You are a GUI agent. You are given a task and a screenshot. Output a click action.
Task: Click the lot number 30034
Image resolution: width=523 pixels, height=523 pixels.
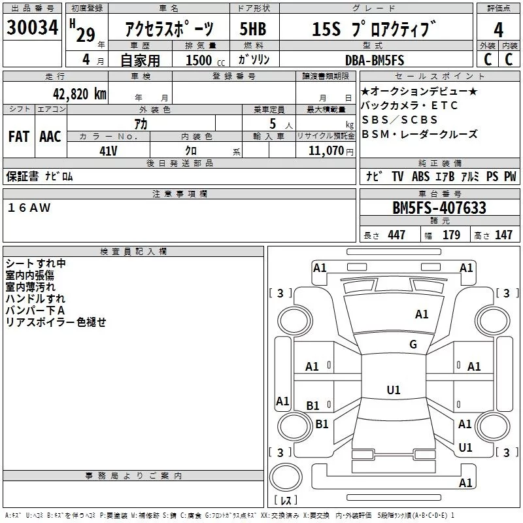pyautogui.click(x=32, y=27)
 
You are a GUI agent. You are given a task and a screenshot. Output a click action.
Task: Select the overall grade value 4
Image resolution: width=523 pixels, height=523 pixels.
pyautogui.click(x=498, y=30)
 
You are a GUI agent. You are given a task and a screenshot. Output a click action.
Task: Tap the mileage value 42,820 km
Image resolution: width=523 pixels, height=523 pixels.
pyautogui.click(x=79, y=94)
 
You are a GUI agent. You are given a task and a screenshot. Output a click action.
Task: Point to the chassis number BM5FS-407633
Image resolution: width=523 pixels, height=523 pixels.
pyautogui.click(x=439, y=208)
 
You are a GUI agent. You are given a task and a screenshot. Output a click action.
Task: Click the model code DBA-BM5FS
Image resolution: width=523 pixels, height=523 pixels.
pyautogui.click(x=375, y=60)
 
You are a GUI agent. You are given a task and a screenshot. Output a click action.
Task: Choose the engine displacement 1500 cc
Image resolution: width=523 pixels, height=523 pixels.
pyautogui.click(x=205, y=60)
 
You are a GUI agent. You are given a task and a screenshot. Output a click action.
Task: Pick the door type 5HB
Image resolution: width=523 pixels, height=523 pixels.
pyautogui.click(x=253, y=29)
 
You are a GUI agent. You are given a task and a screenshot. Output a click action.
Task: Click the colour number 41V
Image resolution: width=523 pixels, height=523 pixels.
pyautogui.click(x=109, y=151)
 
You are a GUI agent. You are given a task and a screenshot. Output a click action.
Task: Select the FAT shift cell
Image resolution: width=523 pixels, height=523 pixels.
pyautogui.click(x=19, y=137)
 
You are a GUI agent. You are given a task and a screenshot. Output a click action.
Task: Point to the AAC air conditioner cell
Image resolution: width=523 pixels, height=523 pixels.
pyautogui.click(x=50, y=137)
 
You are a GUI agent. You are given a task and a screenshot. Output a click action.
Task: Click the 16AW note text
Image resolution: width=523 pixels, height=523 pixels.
pyautogui.click(x=29, y=208)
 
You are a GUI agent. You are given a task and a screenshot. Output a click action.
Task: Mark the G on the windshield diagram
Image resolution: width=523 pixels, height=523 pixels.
pyautogui.click(x=413, y=344)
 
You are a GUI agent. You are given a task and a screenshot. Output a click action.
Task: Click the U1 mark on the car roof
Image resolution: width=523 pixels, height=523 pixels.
pyautogui.click(x=394, y=390)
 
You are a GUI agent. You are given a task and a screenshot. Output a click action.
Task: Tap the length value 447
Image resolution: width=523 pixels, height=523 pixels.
pyautogui.click(x=396, y=235)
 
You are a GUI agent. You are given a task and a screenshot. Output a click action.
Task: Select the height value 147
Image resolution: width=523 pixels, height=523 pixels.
pyautogui.click(x=503, y=235)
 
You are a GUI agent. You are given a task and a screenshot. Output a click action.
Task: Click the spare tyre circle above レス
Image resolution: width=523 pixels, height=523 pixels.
pyautogui.click(x=286, y=477)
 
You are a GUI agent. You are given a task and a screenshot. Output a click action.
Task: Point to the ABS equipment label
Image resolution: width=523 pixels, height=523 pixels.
pyautogui.click(x=420, y=176)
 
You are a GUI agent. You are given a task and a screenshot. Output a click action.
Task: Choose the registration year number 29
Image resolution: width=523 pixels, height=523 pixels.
pyautogui.click(x=86, y=35)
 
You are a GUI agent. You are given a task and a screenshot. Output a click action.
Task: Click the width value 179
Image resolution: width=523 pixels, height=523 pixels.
pyautogui.click(x=451, y=235)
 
